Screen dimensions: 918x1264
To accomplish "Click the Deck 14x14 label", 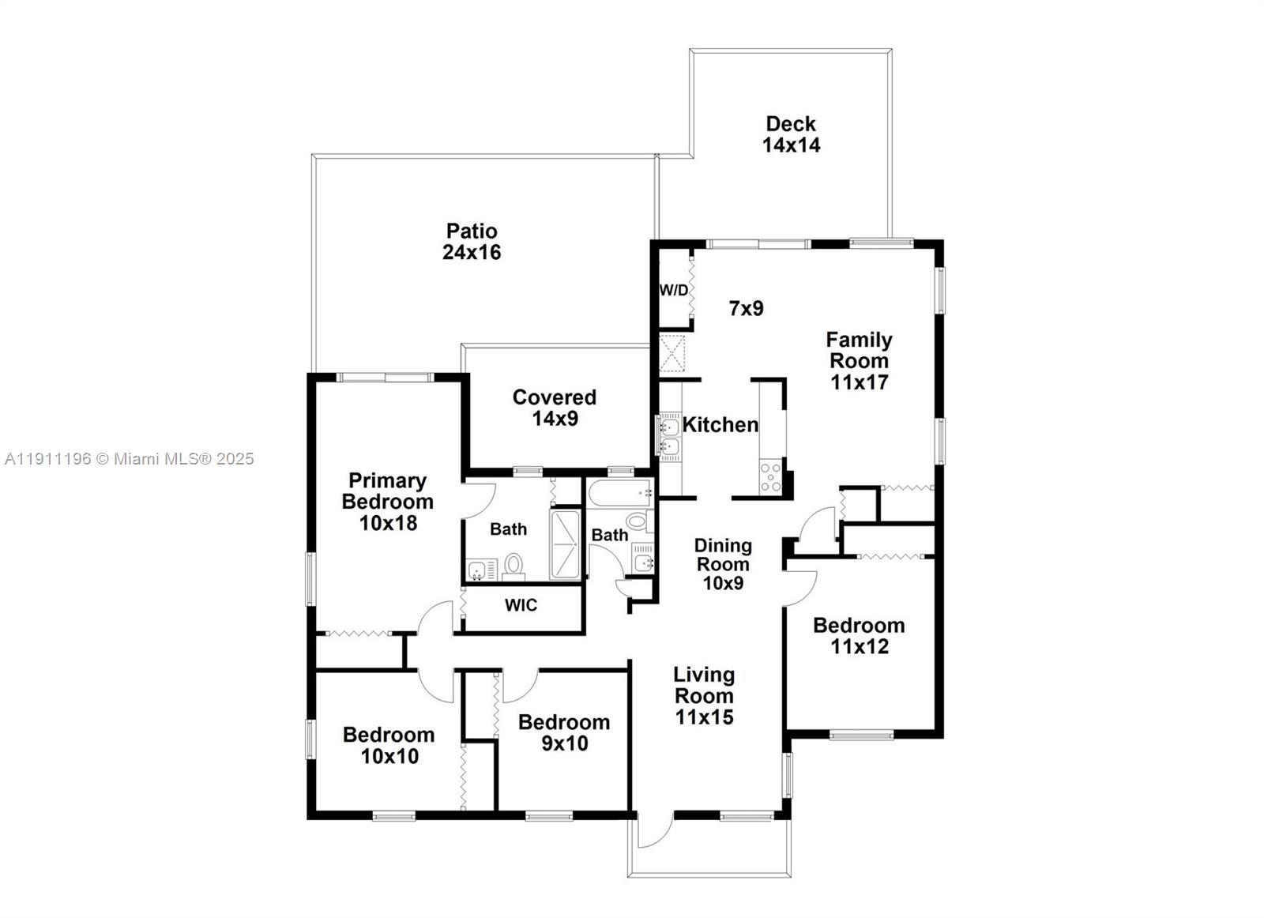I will click(x=791, y=134).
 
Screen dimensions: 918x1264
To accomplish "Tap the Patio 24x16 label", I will click(x=472, y=242).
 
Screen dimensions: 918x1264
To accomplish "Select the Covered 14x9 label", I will click(x=554, y=408).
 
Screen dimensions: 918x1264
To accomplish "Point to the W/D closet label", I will click(x=673, y=290).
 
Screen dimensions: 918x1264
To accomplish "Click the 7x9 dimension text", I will click(x=746, y=308).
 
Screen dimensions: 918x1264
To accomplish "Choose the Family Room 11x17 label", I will click(x=859, y=361).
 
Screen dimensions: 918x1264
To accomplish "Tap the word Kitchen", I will click(x=720, y=425).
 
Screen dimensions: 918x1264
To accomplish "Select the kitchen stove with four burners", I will click(x=770, y=477).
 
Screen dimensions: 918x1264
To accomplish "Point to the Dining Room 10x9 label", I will click(x=723, y=564).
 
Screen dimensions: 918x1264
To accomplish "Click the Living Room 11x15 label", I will click(x=704, y=696).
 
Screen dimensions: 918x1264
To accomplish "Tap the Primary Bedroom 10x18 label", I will click(x=387, y=502).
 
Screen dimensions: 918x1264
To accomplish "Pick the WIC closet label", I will click(x=521, y=605).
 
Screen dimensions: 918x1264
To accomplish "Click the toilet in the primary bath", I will click(x=514, y=566).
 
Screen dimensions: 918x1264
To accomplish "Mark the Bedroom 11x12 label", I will click(x=859, y=636).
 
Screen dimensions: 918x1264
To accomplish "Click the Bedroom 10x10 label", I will click(x=389, y=745).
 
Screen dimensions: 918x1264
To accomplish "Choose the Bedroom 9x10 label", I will click(x=564, y=732).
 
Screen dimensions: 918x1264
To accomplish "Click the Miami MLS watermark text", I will click(x=130, y=458).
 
